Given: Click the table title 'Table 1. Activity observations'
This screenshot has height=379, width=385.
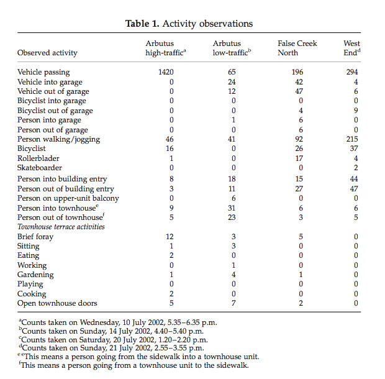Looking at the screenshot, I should (x=189, y=24).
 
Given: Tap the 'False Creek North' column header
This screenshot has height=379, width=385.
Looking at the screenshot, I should (x=297, y=48).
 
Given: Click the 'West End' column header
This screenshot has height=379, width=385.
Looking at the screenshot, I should (x=351, y=48).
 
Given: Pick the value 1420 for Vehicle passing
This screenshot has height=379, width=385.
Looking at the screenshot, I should (x=166, y=73).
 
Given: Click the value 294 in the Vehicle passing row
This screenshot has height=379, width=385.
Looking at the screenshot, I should (x=352, y=73).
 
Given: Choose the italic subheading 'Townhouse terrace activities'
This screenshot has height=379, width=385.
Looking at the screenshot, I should (x=61, y=227).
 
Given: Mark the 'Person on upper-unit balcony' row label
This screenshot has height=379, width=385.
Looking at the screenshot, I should (x=68, y=198).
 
